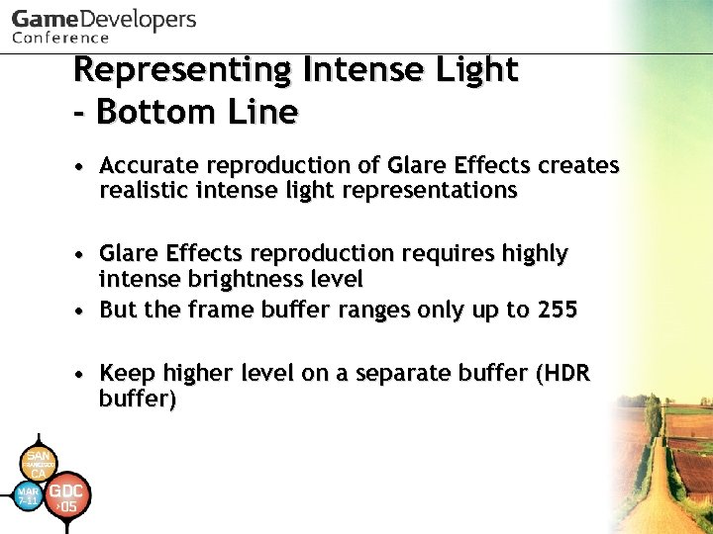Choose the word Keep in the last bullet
(x=128, y=374)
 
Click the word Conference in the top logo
(x=60, y=38)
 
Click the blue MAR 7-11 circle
(x=29, y=494)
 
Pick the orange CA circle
(x=38, y=462)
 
